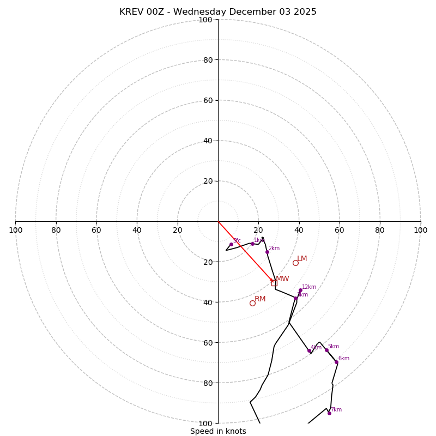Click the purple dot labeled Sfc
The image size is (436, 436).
click(x=231, y=244)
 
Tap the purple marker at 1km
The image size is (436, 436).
click(x=252, y=244)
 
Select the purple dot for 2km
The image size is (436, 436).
click(x=267, y=252)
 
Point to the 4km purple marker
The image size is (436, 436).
click(x=309, y=351)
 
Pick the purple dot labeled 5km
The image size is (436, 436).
click(x=326, y=350)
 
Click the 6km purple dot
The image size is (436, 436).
click(x=336, y=362)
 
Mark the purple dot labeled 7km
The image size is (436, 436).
click(x=329, y=413)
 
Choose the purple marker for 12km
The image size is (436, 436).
click(x=300, y=290)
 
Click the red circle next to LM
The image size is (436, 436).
click(x=295, y=263)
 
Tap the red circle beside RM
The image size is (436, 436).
click(x=252, y=303)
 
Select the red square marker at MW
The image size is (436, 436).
click(x=274, y=283)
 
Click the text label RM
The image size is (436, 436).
click(x=260, y=299)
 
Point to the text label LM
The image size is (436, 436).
click(x=302, y=259)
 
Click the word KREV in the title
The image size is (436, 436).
click(x=131, y=12)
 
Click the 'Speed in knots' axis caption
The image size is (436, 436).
click(x=218, y=431)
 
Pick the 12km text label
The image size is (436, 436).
click(x=309, y=287)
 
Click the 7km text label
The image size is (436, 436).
click(x=336, y=409)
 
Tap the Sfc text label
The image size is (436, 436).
click(x=237, y=240)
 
